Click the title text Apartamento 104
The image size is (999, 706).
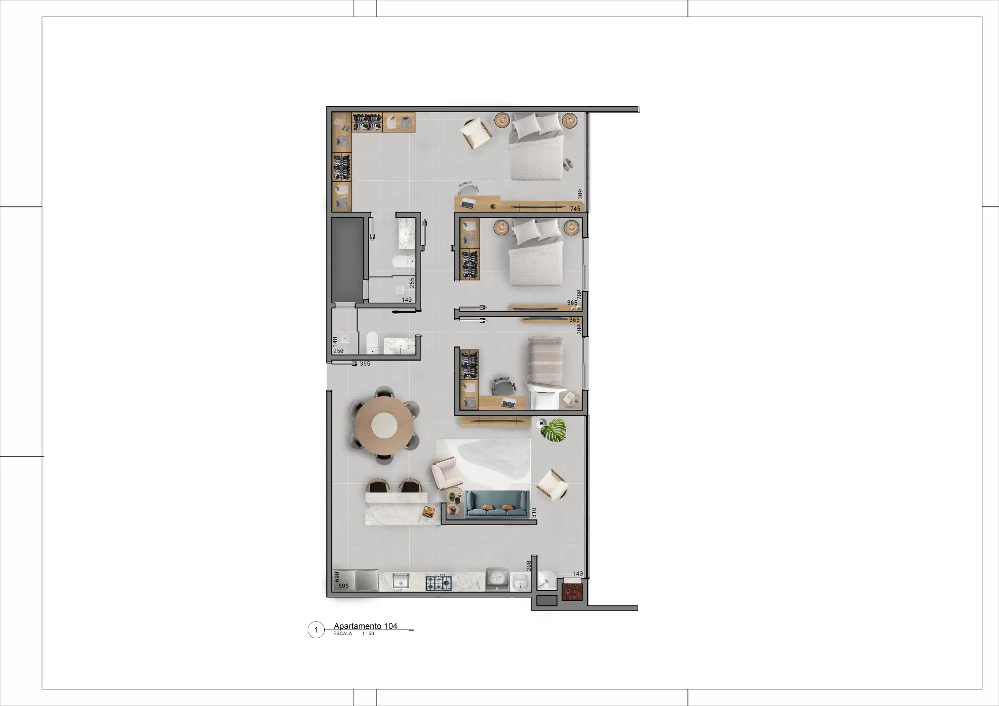click(365, 626)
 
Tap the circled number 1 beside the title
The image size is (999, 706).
click(316, 630)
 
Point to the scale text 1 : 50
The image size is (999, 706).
click(368, 634)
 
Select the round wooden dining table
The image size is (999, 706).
click(384, 425)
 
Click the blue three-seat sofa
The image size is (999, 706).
click(497, 504)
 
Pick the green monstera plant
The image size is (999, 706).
click(554, 430)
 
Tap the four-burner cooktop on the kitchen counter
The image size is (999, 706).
click(438, 582)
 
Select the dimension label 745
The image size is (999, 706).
click(575, 209)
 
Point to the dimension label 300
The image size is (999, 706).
click(580, 195)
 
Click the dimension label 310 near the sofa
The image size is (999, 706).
click(534, 512)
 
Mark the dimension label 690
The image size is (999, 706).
click(337, 577)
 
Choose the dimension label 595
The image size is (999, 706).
click(344, 586)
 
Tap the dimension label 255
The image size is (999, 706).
click(412, 283)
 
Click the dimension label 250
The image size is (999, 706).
click(339, 351)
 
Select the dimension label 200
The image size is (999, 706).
click(529, 566)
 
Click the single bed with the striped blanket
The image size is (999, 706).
click(545, 373)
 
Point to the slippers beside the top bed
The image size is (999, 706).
click(568, 164)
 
